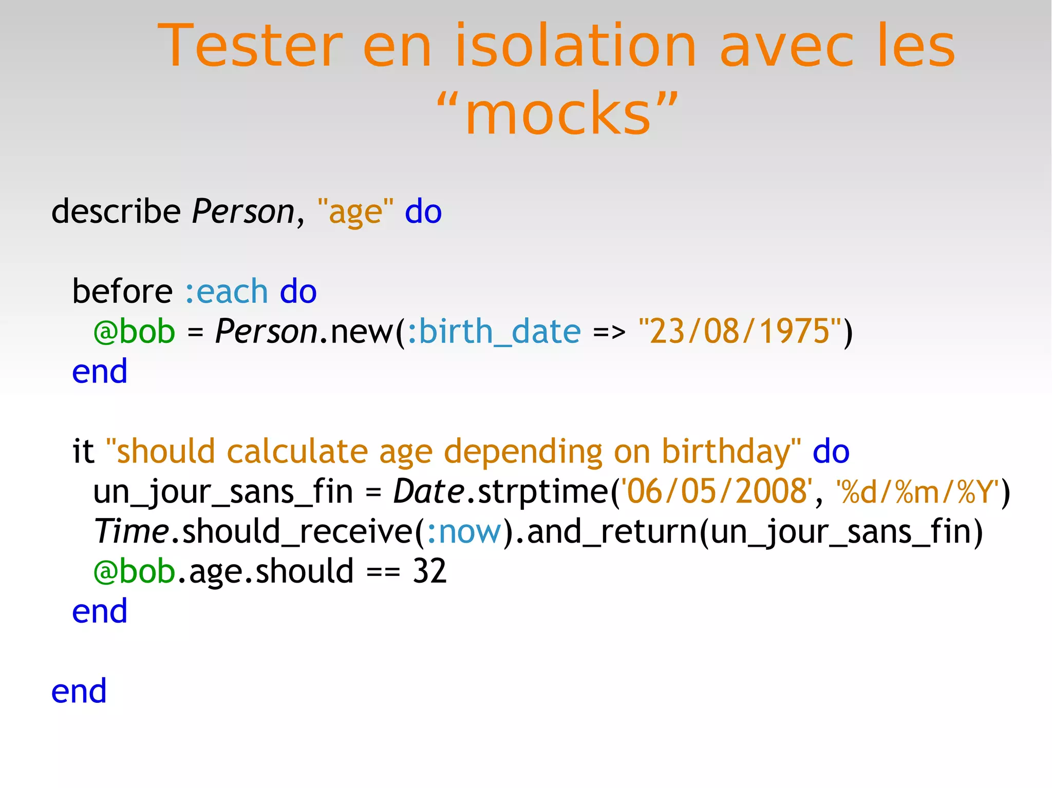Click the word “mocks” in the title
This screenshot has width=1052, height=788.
(558, 113)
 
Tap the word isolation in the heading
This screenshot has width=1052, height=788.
(576, 46)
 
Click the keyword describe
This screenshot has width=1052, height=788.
(116, 211)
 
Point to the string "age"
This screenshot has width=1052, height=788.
(355, 212)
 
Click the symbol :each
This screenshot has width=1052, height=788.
(226, 292)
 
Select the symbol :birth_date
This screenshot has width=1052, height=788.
(494, 332)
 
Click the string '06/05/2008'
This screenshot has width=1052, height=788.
(717, 491)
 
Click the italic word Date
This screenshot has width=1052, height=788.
(429, 491)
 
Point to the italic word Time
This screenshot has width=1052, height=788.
(131, 531)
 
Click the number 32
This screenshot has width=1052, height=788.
(429, 571)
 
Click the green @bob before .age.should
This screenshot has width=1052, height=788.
(135, 571)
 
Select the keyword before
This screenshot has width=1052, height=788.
(122, 292)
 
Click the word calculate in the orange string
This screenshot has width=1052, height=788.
(297, 451)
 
